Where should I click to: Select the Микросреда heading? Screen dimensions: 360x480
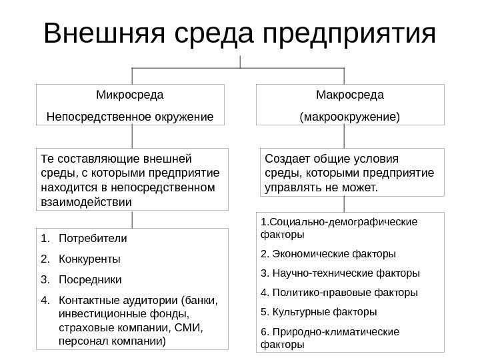pos(130,95)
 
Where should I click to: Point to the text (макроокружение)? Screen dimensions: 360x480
pos(351,117)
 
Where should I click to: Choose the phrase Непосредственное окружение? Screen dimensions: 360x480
pos(130,117)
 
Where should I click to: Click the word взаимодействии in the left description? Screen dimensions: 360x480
pos(87,201)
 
